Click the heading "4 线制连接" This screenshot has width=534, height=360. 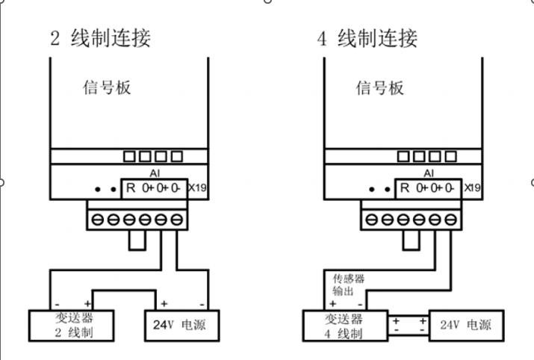pos(367,38)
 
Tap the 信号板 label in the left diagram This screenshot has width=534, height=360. pos(107,87)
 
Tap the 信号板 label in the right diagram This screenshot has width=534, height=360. pos(379,87)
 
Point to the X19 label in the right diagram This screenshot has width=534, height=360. pos(472,188)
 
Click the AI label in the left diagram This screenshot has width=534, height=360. pos(153,173)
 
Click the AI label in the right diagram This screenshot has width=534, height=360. pos(426,173)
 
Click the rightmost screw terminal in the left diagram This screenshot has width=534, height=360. pos(178,220)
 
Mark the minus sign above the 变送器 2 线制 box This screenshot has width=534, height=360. pos(57,303)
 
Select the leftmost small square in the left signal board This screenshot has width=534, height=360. pos(130,156)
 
